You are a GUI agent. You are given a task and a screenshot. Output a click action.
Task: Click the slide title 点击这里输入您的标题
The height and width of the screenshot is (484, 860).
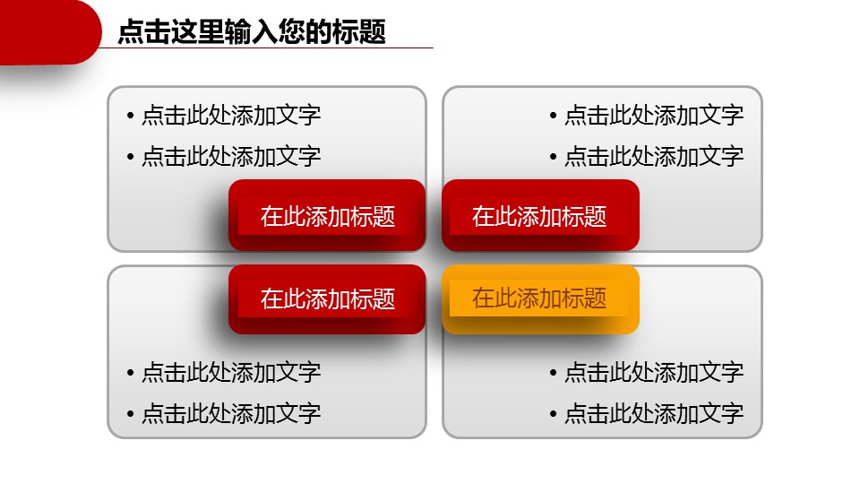pyautogui.click(x=252, y=32)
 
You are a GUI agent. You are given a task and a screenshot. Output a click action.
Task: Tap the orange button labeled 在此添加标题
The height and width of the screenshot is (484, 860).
pyautogui.click(x=540, y=298)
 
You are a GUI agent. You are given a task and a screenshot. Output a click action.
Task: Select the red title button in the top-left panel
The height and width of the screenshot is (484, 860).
pyautogui.click(x=327, y=215)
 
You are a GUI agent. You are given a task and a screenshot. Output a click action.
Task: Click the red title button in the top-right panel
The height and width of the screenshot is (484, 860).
pyautogui.click(x=540, y=215)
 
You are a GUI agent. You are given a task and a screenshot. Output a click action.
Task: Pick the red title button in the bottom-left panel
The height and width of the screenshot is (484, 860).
pyautogui.click(x=327, y=298)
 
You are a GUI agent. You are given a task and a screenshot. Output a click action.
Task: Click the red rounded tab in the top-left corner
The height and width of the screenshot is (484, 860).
pyautogui.click(x=45, y=31)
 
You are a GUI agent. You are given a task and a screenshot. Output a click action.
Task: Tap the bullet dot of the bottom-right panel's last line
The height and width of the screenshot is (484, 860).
pyautogui.click(x=555, y=414)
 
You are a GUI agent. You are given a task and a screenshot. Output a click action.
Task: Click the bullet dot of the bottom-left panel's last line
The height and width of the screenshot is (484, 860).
pyautogui.click(x=131, y=414)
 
